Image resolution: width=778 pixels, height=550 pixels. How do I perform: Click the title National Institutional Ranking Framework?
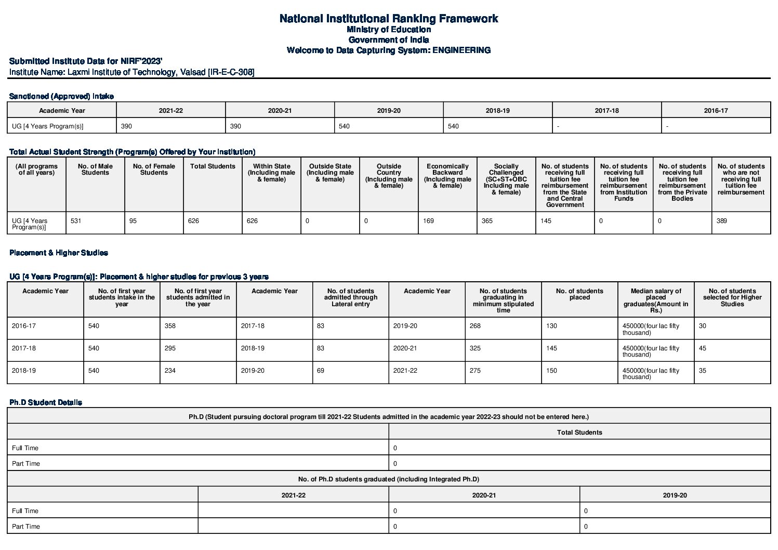point(388,19)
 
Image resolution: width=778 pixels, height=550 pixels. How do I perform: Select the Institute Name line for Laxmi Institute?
point(132,72)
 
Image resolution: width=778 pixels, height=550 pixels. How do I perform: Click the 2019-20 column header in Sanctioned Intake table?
point(389,111)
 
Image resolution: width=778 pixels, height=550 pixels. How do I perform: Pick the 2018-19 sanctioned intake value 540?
point(454,126)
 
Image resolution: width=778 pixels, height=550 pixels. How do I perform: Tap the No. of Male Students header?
point(95,169)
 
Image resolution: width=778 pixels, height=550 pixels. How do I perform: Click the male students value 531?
point(76,221)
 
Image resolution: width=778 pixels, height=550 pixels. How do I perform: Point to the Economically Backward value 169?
point(428,221)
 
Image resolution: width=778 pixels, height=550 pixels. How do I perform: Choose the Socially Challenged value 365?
point(487,221)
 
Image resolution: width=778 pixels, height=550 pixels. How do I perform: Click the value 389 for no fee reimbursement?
point(722,221)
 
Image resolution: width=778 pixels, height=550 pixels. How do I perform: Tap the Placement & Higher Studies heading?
point(59,253)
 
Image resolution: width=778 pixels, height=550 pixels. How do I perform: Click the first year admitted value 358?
point(170,326)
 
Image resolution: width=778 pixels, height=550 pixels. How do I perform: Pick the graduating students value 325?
point(475,348)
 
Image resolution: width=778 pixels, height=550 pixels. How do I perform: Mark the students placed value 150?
point(551,371)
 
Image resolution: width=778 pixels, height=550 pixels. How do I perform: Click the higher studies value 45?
point(703,348)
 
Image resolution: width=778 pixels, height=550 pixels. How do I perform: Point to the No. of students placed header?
point(579,294)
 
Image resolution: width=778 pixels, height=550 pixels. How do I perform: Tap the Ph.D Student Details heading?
point(46,402)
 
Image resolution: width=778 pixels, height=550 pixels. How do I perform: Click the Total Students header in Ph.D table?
point(579,432)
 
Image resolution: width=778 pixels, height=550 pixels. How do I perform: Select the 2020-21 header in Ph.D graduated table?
point(484,495)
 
